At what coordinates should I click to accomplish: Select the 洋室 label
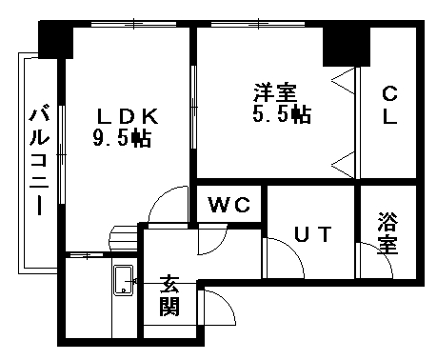click(274, 93)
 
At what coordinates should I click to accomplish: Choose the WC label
click(229, 205)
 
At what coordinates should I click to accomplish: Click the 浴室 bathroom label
click(387, 234)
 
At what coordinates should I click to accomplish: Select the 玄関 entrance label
click(169, 295)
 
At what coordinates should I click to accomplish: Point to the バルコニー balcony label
click(39, 162)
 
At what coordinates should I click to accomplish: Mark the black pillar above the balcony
click(56, 41)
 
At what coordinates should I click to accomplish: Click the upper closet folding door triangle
click(344, 83)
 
